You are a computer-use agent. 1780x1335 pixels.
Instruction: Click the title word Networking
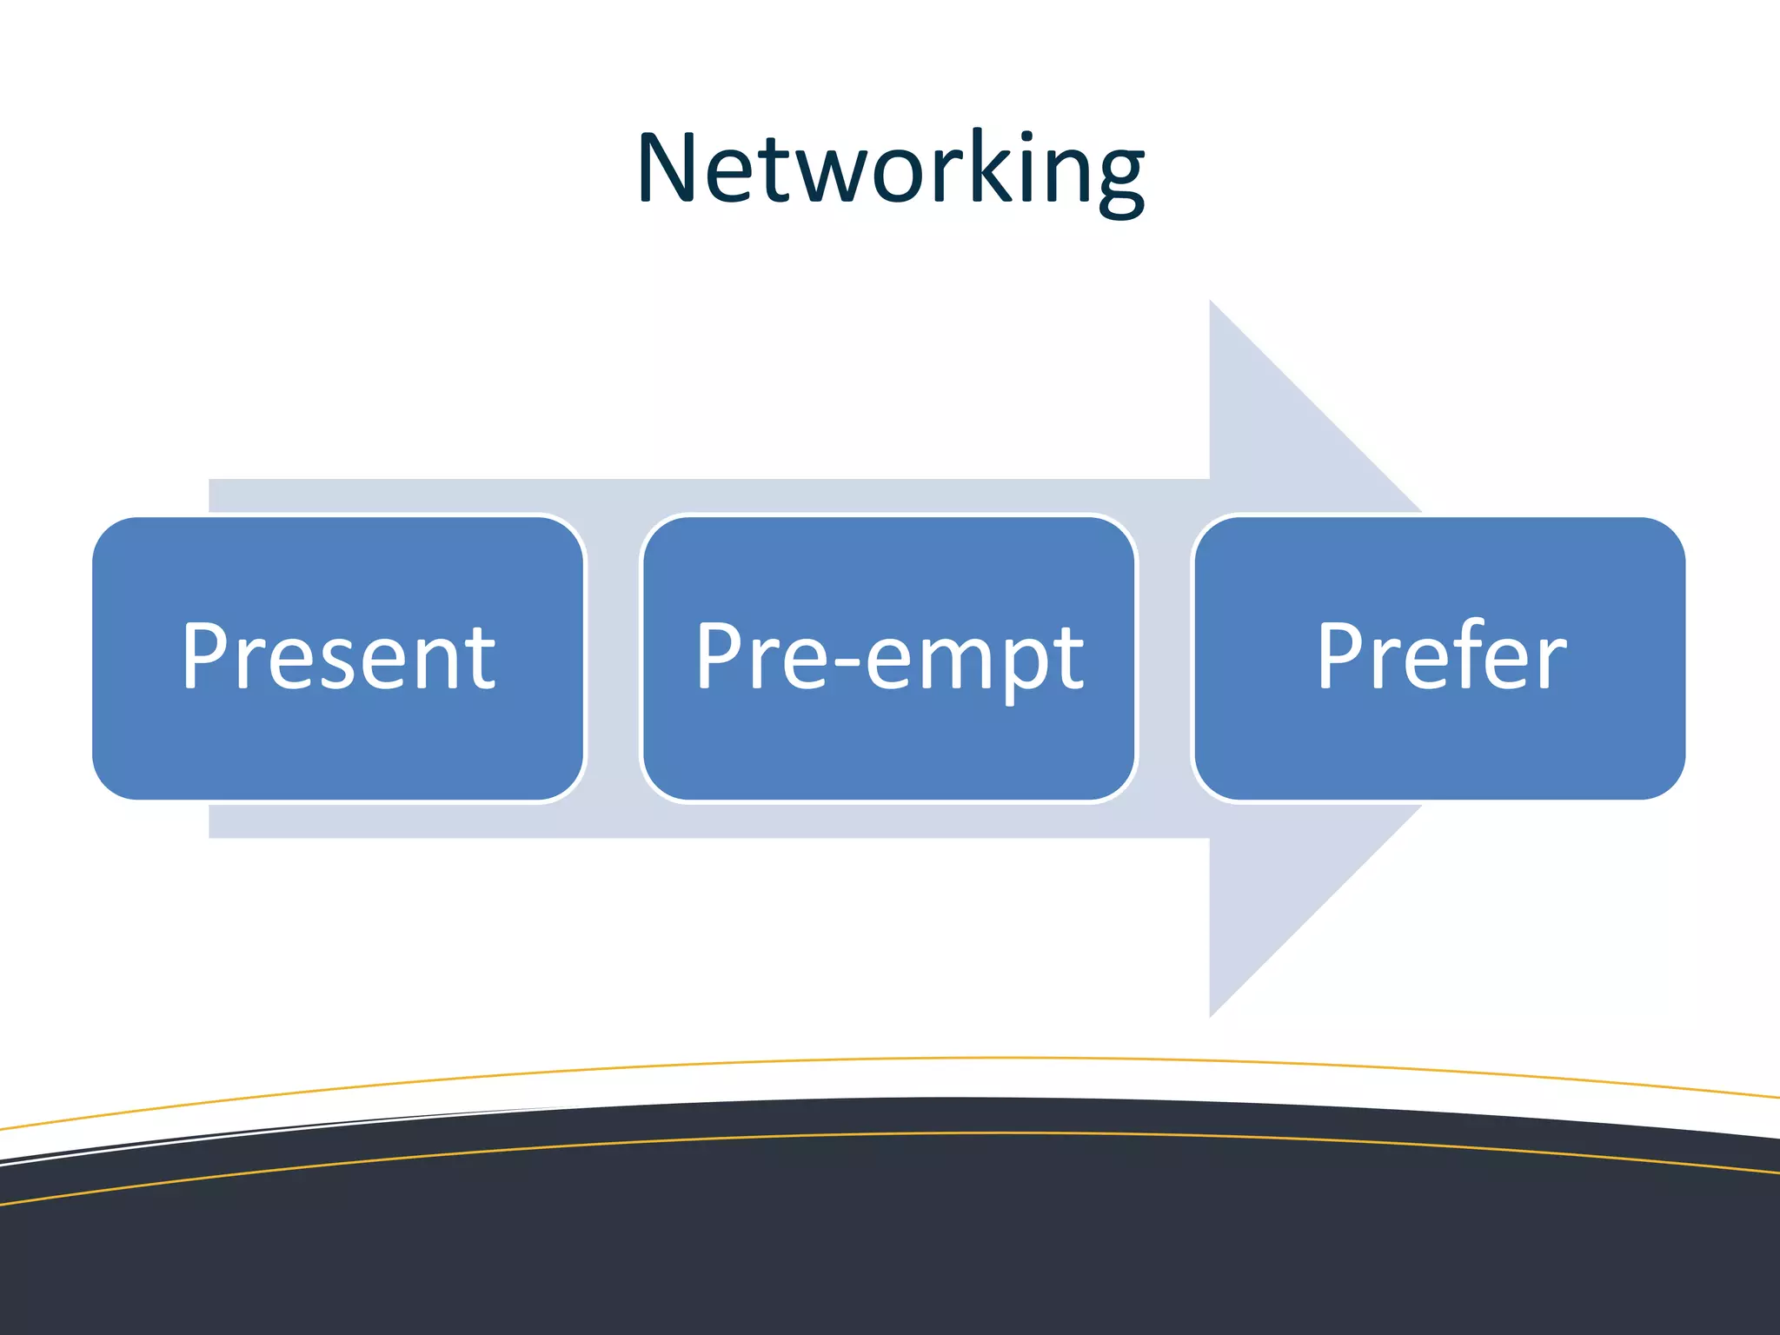(890, 169)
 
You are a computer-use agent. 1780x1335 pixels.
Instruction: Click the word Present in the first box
(339, 658)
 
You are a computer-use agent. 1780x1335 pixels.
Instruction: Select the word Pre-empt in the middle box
(889, 658)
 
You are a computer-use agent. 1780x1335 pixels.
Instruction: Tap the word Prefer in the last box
(1441, 658)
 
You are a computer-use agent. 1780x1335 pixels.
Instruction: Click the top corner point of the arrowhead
(1211, 302)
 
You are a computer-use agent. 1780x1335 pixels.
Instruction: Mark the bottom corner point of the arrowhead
(1211, 1014)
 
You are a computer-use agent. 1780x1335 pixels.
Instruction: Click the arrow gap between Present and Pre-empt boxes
(614, 658)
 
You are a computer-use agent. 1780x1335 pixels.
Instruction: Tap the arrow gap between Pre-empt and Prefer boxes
(1165, 658)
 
